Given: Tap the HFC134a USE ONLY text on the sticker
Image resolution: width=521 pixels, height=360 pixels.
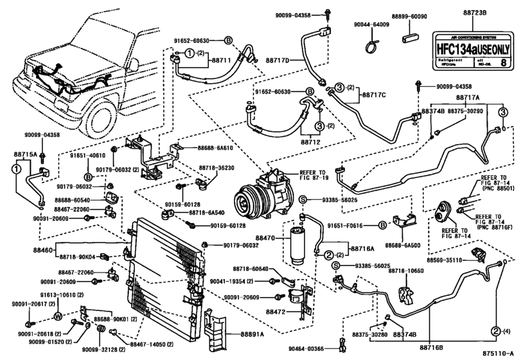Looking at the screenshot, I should pos(474,48).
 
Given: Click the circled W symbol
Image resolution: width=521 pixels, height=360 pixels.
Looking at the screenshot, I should pos(57,316).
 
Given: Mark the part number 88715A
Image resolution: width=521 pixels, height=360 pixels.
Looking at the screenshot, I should pos(24,154).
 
